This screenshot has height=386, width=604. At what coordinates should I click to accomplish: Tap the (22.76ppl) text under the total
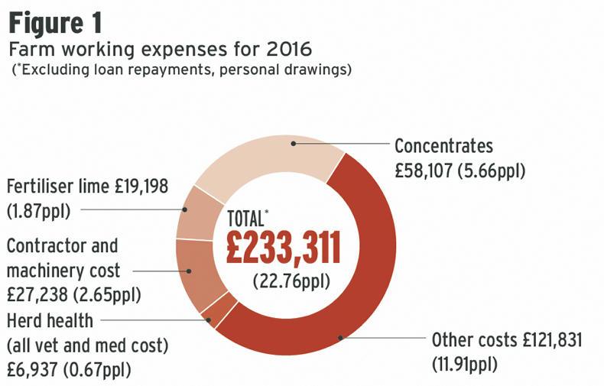[x=291, y=281]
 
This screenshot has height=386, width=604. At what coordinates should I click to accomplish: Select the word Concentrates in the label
[x=443, y=146]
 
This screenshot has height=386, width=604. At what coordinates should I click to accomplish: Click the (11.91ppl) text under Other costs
[x=464, y=363]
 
